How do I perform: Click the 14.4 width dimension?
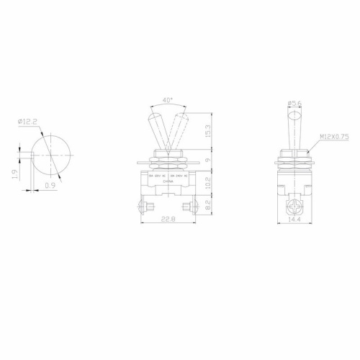(x=294, y=221)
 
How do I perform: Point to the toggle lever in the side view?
(x=293, y=130)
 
